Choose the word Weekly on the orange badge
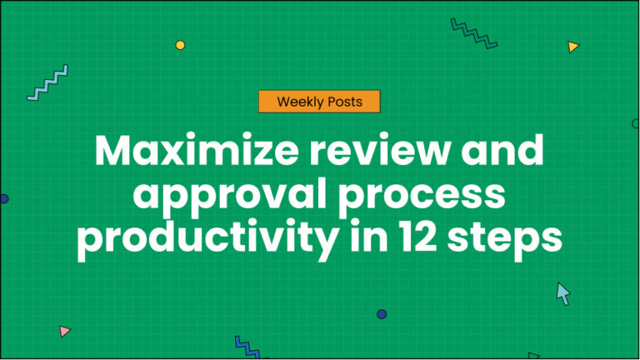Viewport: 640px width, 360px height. (x=297, y=102)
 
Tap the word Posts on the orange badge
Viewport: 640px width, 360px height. (x=345, y=102)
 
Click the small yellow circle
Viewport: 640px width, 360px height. (x=180, y=45)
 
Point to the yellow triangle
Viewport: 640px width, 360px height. (x=572, y=47)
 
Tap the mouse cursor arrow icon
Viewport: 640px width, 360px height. (x=563, y=293)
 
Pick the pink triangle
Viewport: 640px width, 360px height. (x=64, y=331)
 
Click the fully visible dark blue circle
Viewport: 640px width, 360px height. (x=382, y=314)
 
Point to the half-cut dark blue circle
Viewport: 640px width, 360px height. (x=3, y=199)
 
